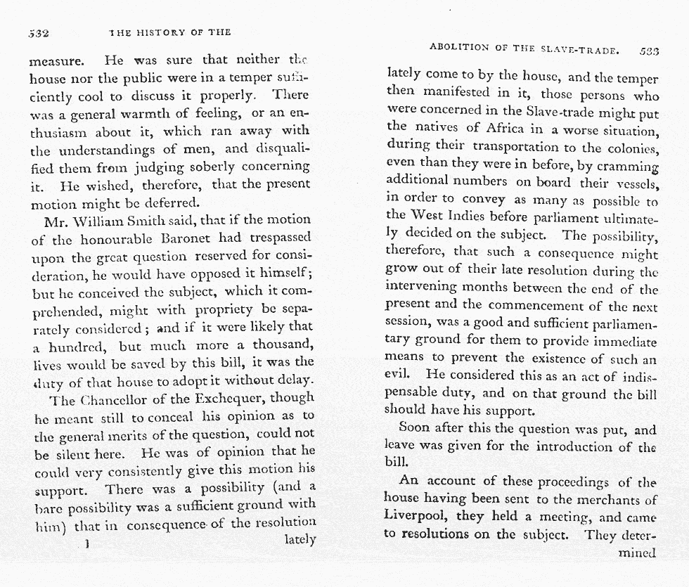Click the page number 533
pos(649,51)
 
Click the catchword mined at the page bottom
pos(636,552)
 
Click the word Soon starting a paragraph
pos(414,427)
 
